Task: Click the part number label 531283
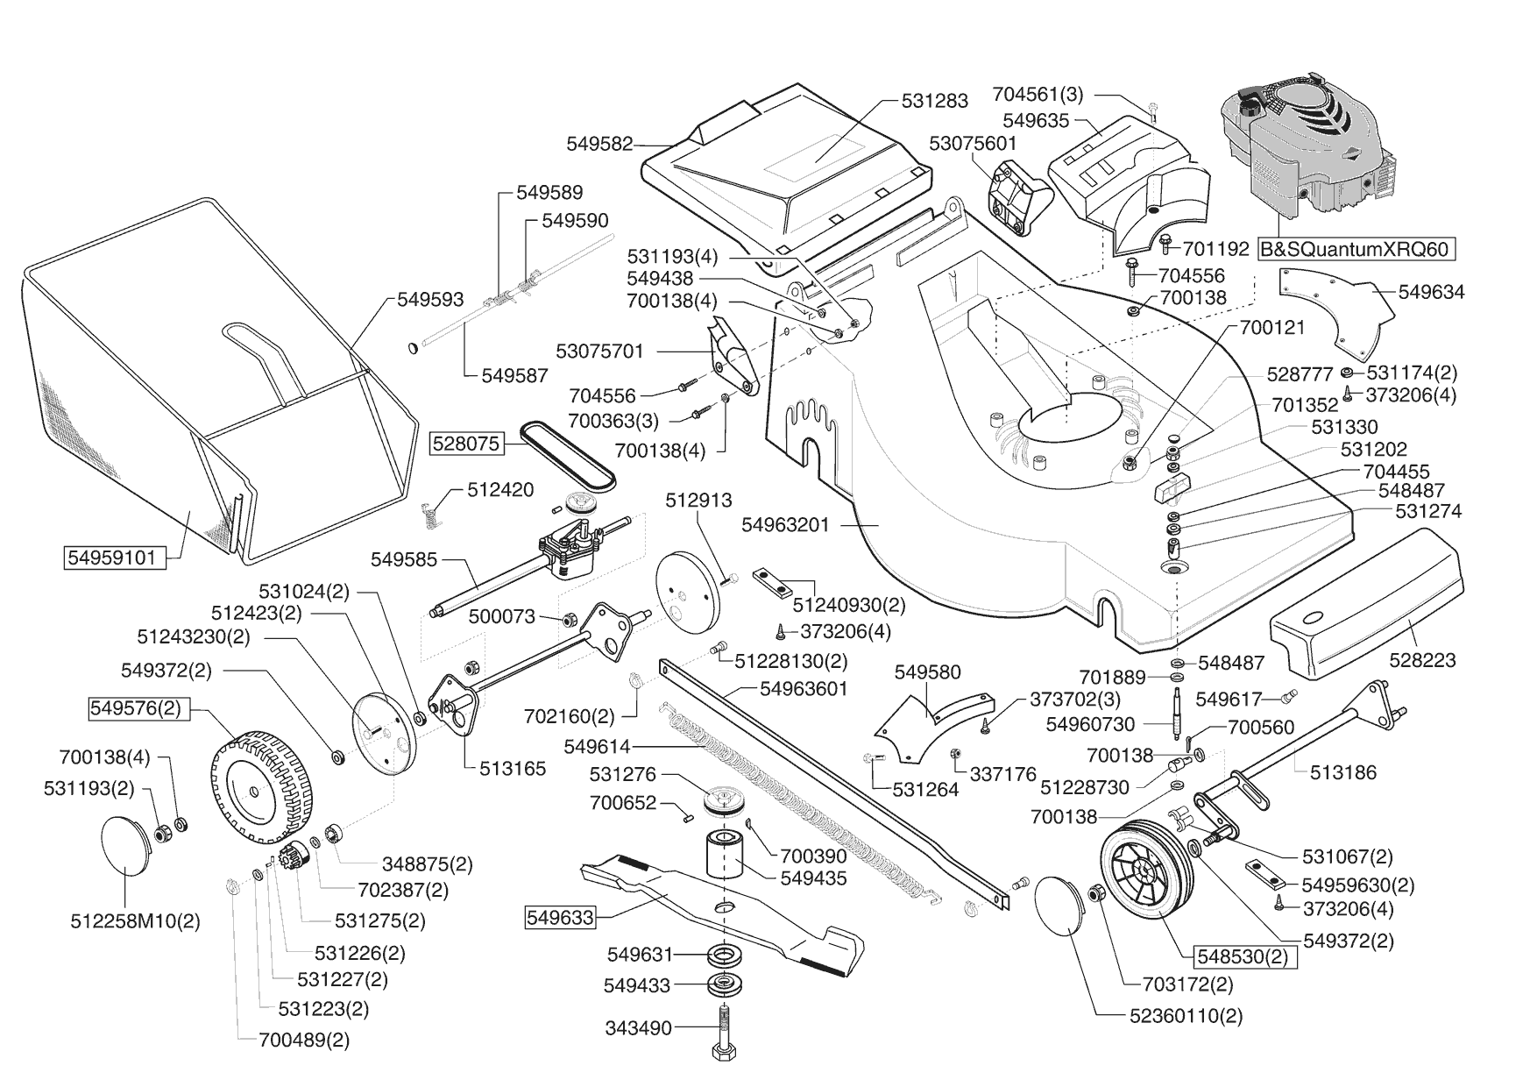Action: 935,101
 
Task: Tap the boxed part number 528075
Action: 465,444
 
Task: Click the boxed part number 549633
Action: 560,918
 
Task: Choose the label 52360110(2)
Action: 1186,1016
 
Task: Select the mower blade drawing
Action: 719,912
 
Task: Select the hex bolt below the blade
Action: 725,1039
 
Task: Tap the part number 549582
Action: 599,144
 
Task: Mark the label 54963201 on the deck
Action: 784,524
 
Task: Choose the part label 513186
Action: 1343,772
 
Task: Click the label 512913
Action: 698,501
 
